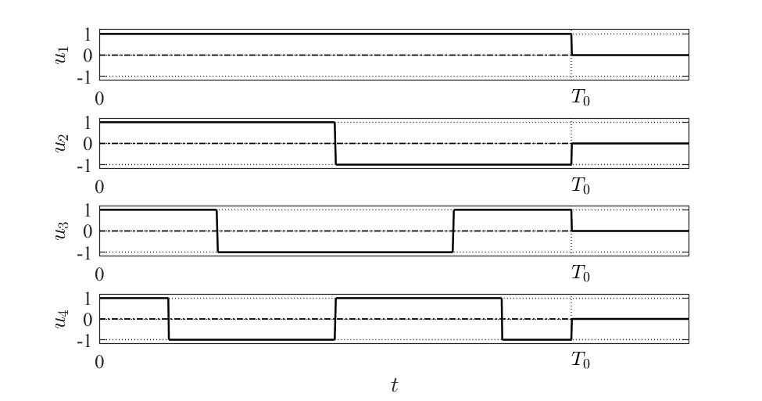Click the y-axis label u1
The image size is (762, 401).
click(62, 55)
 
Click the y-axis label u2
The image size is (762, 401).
click(62, 144)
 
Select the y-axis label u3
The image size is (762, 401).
click(62, 231)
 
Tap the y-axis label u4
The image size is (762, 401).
click(62, 320)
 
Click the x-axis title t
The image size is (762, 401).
click(395, 385)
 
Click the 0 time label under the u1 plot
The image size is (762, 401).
click(99, 99)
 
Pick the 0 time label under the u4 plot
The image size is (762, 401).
click(99, 363)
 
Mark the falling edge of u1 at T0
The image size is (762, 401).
click(571, 45)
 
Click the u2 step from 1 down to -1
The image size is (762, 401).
click(335, 144)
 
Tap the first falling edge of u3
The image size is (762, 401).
click(217, 231)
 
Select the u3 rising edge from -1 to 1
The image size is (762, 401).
click(453, 231)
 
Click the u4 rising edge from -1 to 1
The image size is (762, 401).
click(335, 319)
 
